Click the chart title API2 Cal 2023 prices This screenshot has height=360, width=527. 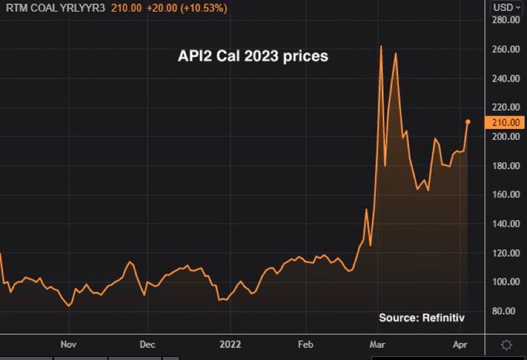253,56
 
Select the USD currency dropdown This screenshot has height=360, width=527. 506,7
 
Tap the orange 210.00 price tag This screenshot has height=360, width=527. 505,123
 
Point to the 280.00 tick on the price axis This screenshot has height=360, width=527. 506,20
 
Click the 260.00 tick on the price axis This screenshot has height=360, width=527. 506,49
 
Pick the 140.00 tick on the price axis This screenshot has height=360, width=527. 506,224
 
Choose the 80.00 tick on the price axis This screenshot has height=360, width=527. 506,311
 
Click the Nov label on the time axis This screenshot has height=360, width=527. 68,345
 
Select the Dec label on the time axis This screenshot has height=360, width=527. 147,345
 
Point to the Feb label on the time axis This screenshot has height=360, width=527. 305,345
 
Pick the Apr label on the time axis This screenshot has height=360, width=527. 460,345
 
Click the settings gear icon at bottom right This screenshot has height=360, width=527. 506,345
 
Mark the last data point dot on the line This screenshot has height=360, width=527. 468,122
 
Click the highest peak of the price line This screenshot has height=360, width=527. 381,46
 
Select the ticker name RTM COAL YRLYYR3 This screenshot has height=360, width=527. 56,9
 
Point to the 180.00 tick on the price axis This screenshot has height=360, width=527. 506,166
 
